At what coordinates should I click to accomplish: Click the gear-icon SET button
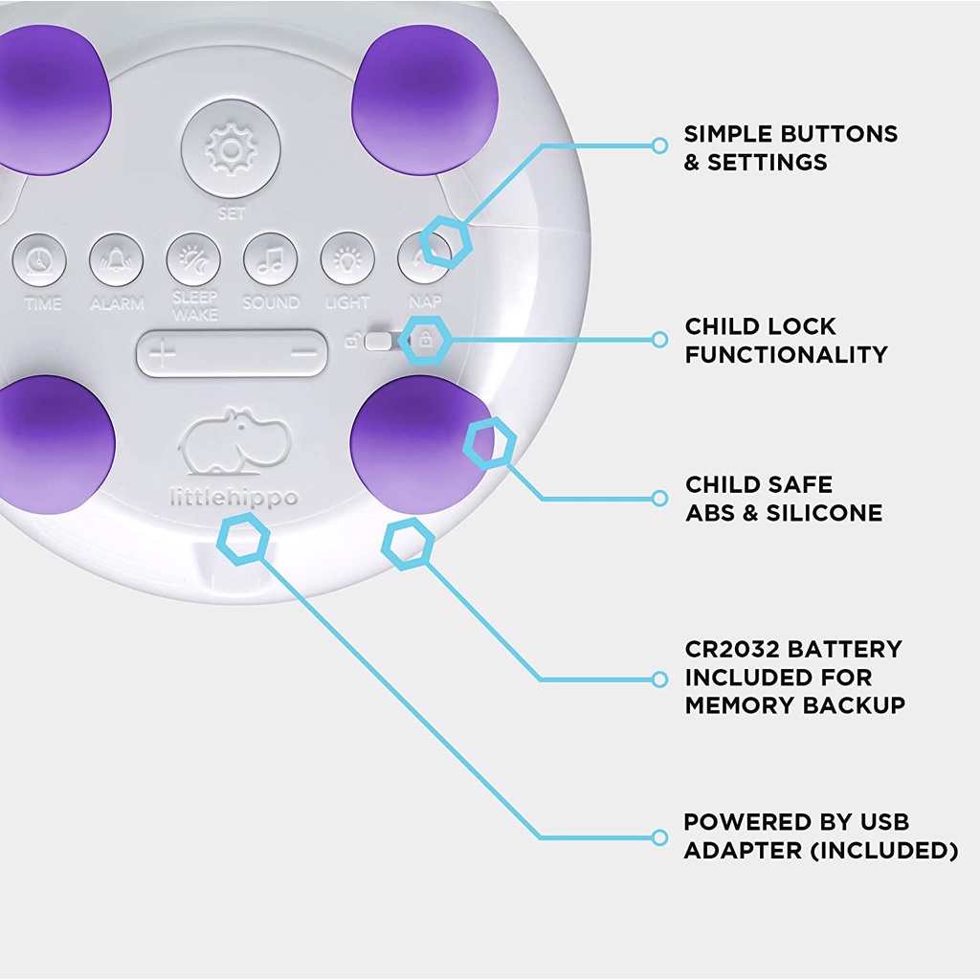(x=231, y=149)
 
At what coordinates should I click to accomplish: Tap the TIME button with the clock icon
(x=39, y=260)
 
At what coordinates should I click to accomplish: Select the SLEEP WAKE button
(x=193, y=260)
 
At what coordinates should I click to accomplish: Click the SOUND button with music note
(x=271, y=260)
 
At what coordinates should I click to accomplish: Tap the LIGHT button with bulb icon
(x=347, y=258)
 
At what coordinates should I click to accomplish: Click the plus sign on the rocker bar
(x=162, y=354)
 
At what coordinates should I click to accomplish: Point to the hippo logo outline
(x=235, y=441)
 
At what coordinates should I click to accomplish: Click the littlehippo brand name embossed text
(x=234, y=498)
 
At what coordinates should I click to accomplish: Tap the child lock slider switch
(x=380, y=342)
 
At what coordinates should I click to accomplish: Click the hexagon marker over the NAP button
(x=446, y=241)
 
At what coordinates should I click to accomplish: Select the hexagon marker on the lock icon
(x=425, y=340)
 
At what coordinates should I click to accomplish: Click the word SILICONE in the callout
(x=824, y=513)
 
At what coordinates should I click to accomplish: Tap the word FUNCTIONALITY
(x=787, y=355)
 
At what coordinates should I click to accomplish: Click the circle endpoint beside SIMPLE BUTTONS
(x=659, y=145)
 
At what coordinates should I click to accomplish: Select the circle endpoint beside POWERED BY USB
(x=659, y=837)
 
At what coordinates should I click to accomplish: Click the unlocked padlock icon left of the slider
(x=352, y=341)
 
